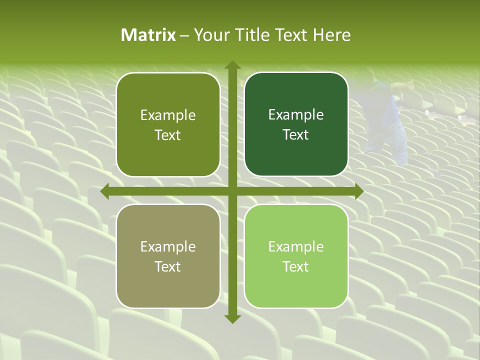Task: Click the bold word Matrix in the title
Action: pyautogui.click(x=148, y=35)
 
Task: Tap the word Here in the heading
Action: pyautogui.click(x=331, y=35)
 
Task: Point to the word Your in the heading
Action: pyautogui.click(x=209, y=35)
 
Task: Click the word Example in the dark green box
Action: pyautogui.click(x=296, y=115)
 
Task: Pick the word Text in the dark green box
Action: pyautogui.click(x=296, y=135)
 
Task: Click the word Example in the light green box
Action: pyautogui.click(x=296, y=246)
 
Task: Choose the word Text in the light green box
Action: pyautogui.click(x=296, y=267)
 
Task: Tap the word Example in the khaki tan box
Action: pyautogui.click(x=168, y=246)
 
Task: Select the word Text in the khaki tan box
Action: pyautogui.click(x=168, y=267)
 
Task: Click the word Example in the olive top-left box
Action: pyautogui.click(x=168, y=115)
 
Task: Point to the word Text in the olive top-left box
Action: pyautogui.click(x=168, y=135)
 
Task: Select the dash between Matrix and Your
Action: pyautogui.click(x=184, y=35)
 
